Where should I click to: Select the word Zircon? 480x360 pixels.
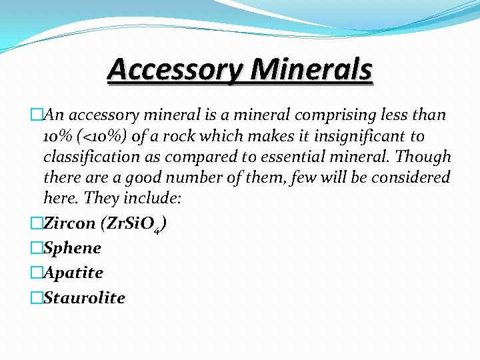(69, 223)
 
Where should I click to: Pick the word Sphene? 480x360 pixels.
(72, 248)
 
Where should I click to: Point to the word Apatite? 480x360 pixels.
(73, 273)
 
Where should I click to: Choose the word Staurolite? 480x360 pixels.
(84, 297)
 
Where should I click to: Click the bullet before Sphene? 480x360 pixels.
(37, 248)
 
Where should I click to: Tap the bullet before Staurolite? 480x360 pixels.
(37, 297)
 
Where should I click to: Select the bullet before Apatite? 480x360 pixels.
(37, 273)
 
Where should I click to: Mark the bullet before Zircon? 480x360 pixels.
(37, 223)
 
